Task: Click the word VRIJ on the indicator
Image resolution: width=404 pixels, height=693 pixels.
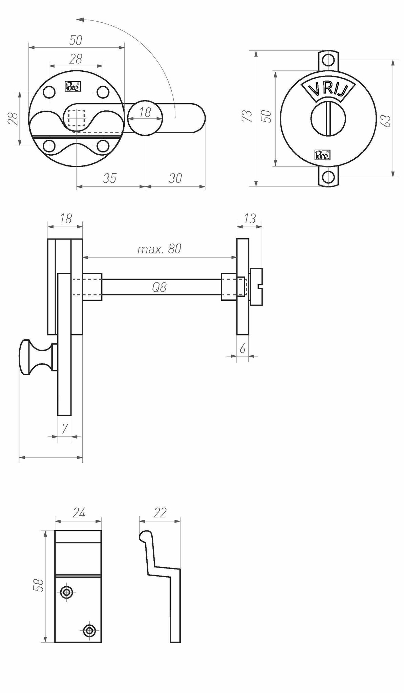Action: tap(328, 89)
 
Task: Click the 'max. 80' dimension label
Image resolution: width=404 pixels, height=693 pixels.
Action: tap(159, 249)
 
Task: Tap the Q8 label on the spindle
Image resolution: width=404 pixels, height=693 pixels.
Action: tap(159, 288)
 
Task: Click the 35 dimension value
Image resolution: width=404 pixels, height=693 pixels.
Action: tap(110, 178)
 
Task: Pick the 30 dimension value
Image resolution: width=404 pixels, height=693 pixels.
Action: tap(175, 178)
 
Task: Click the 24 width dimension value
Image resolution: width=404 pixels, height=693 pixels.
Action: tap(79, 513)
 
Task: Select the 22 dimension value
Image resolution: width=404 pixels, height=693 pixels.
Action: tap(160, 513)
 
